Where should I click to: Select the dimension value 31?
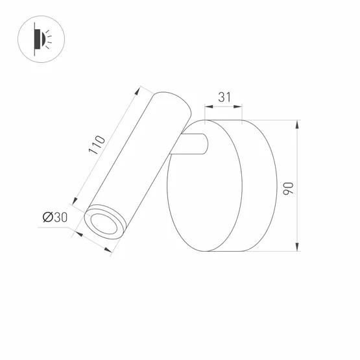point(224,98)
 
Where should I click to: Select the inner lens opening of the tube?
point(102,223)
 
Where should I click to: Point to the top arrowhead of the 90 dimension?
point(297,124)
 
